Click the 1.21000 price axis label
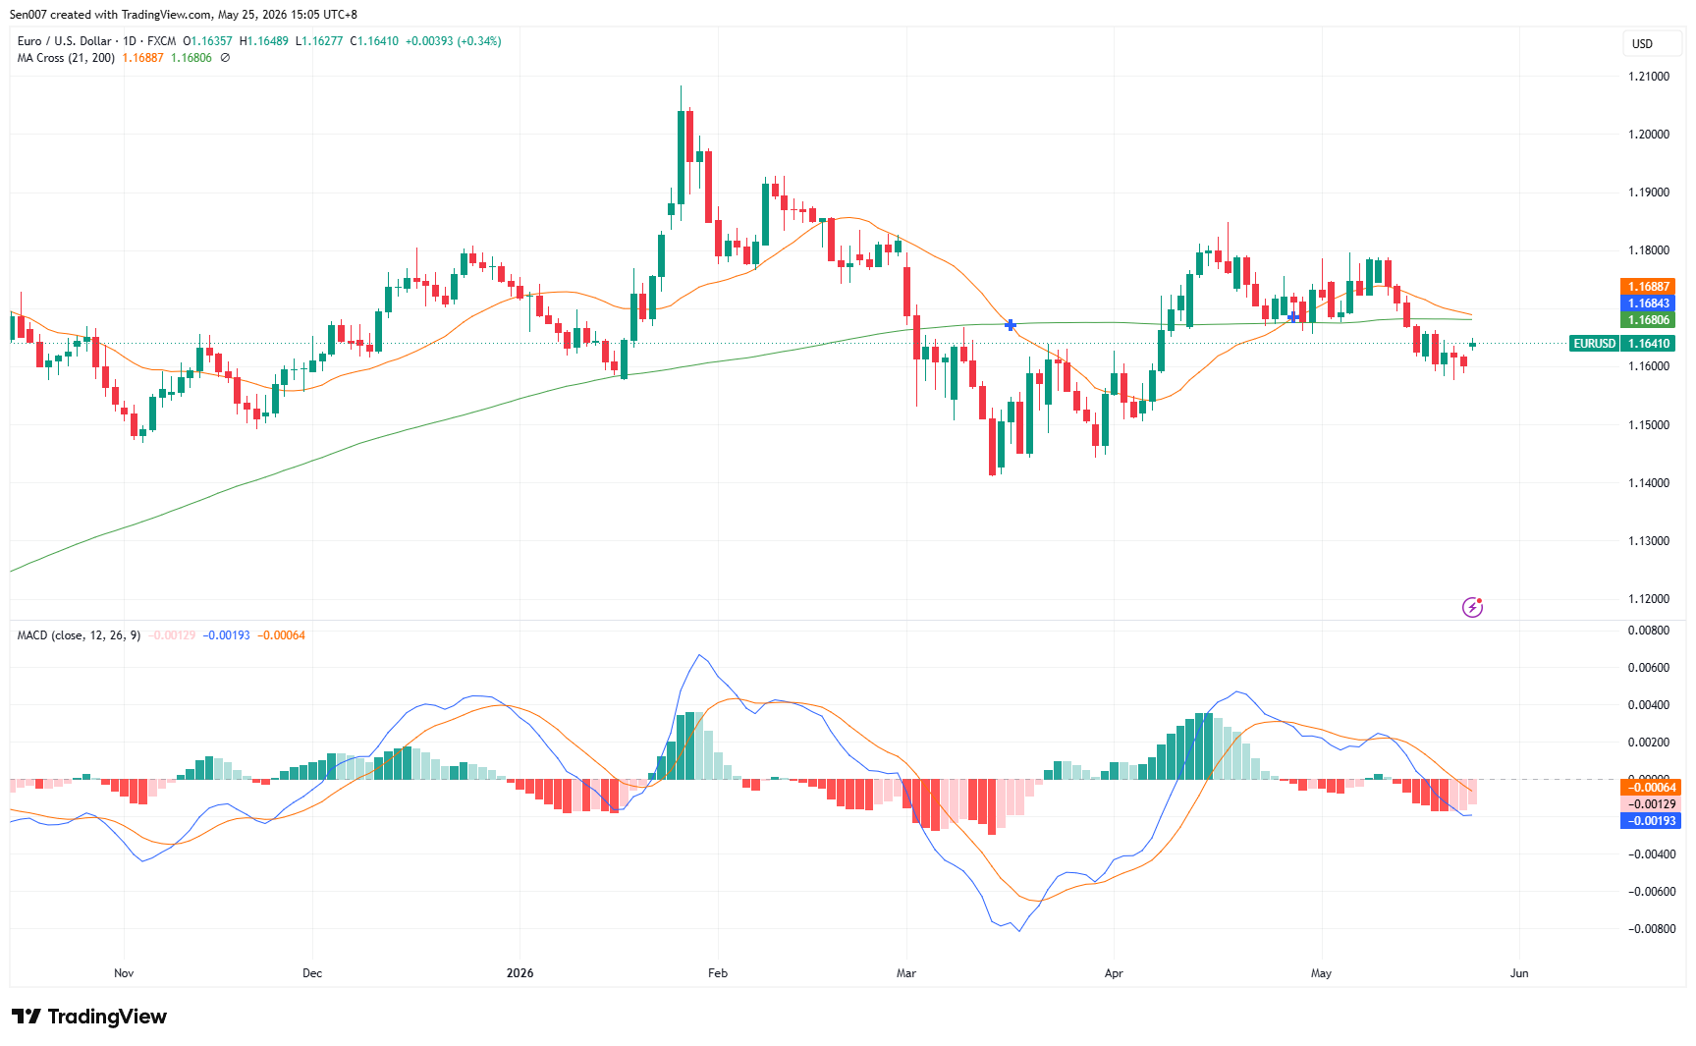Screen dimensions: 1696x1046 [x=1648, y=77]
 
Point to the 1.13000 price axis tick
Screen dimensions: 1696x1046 [x=1648, y=541]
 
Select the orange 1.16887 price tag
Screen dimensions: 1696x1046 [x=1648, y=287]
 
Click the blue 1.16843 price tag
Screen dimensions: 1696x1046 [x=1648, y=303]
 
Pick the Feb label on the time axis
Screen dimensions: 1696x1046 [x=718, y=973]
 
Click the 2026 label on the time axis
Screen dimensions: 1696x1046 [x=520, y=973]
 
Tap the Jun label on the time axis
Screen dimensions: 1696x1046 [x=1519, y=973]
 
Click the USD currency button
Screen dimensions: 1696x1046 [x=1643, y=44]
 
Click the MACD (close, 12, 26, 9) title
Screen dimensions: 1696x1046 [x=79, y=635]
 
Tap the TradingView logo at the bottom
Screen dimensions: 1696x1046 [x=89, y=1017]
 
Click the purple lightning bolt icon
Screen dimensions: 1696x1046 [x=1472, y=607]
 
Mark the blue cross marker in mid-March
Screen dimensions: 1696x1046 [x=1011, y=325]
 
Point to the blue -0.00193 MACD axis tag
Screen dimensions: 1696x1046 [x=1650, y=821]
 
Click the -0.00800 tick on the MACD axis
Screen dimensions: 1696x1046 [x=1650, y=929]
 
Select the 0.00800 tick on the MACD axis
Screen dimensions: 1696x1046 [x=1650, y=631]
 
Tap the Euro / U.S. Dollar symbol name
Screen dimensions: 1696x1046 [x=64, y=41]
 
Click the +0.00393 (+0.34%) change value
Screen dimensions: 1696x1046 [x=454, y=41]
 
